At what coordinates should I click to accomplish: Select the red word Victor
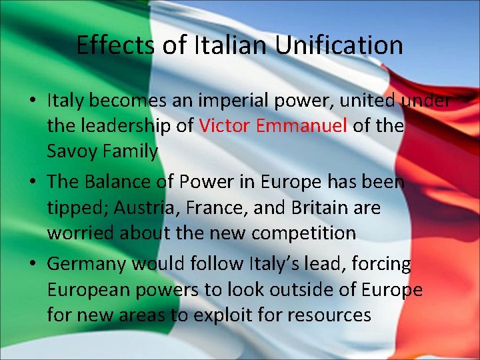(x=223, y=126)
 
